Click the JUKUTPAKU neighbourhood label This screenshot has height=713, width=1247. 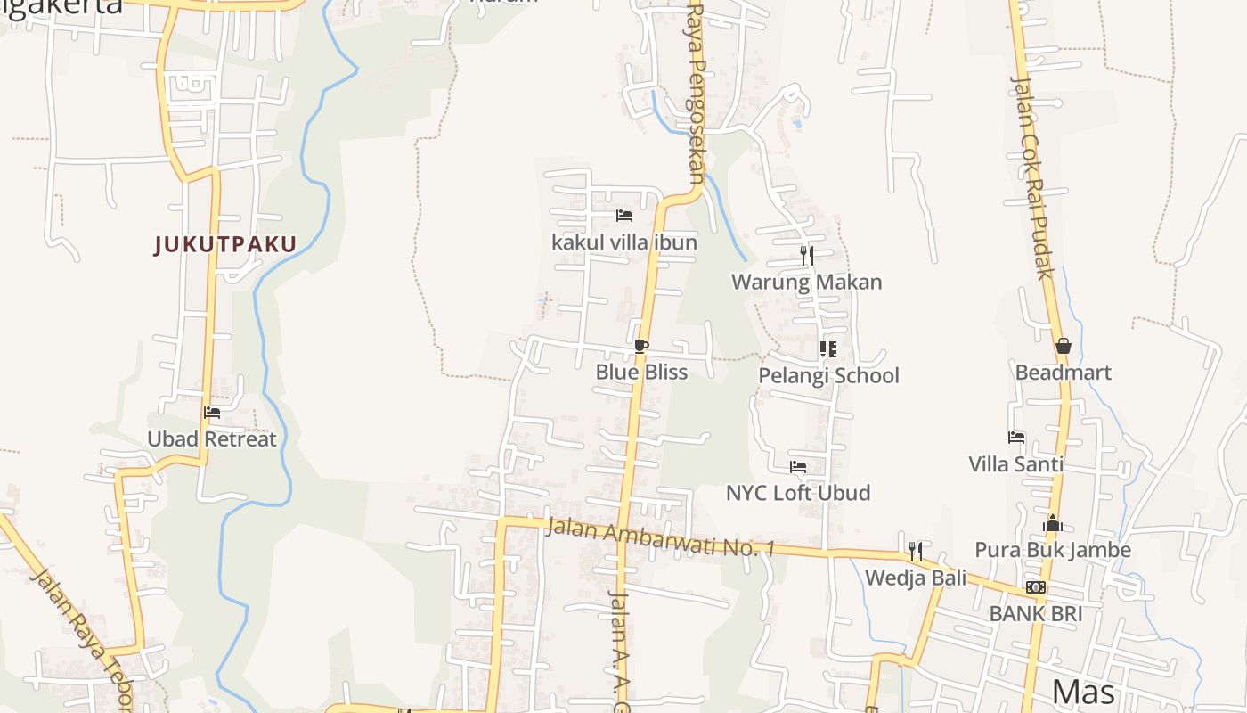[x=225, y=244]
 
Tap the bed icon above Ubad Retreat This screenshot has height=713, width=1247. [x=212, y=413]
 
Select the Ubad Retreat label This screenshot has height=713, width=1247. [x=212, y=438]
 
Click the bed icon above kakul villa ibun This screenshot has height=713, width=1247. [x=624, y=216]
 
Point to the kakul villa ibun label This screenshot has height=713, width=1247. [x=624, y=242]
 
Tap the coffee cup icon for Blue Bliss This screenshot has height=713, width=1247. [x=641, y=346]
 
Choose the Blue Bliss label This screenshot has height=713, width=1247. [x=641, y=372]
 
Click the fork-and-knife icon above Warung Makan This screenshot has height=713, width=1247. [x=807, y=256]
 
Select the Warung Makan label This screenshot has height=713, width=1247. [x=807, y=283]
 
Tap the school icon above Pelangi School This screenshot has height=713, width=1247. [x=828, y=349]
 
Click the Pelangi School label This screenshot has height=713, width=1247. [x=828, y=375]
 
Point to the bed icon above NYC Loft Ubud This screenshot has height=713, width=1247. [x=798, y=467]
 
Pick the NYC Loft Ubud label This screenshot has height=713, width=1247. [x=798, y=493]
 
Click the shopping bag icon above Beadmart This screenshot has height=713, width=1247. [x=1063, y=346]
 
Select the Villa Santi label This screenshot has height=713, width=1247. [x=1016, y=463]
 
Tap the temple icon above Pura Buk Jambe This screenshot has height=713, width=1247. [x=1053, y=523]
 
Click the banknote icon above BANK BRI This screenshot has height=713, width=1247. [x=1036, y=587]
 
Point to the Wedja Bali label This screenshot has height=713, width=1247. [x=916, y=578]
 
